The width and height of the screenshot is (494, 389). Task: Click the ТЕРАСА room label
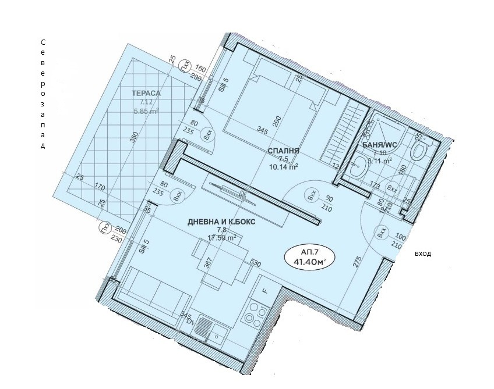coord(146,92)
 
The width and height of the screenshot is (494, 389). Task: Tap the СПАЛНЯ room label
coord(284,151)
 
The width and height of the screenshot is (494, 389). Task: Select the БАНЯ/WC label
coord(379,145)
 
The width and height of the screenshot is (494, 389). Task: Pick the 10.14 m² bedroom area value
coord(284,167)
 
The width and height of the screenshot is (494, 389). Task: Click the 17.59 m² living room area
coord(223,237)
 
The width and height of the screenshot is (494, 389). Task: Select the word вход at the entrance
coord(423,254)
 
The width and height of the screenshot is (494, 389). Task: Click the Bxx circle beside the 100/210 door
coord(382,234)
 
